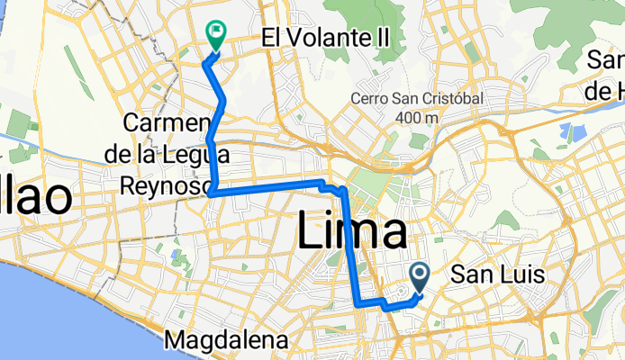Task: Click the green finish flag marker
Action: click(216, 34)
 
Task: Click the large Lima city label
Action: click(351, 232)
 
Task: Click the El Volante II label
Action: click(331, 38)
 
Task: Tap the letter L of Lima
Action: click(307, 232)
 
